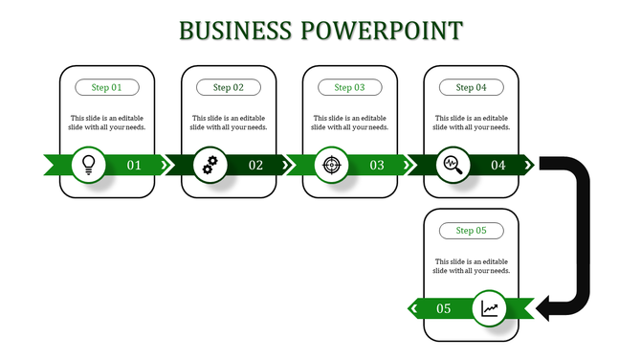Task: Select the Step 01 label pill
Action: tap(107, 87)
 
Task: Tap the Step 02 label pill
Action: tap(229, 87)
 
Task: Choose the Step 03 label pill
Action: tap(350, 87)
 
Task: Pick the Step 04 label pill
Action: tap(472, 87)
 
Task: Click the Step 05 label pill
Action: tap(472, 231)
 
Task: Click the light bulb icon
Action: tap(89, 165)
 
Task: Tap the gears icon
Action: tap(210, 165)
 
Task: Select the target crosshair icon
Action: tap(332, 165)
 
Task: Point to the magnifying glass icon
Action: tap(453, 165)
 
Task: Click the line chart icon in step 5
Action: tap(490, 308)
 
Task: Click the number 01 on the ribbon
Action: tap(134, 166)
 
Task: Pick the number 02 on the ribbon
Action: tap(255, 166)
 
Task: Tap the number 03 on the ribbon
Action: tap(377, 166)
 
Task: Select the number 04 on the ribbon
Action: tap(498, 166)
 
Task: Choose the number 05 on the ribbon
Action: tap(444, 308)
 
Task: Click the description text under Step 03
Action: tap(350, 122)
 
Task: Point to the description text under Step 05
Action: tap(472, 265)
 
